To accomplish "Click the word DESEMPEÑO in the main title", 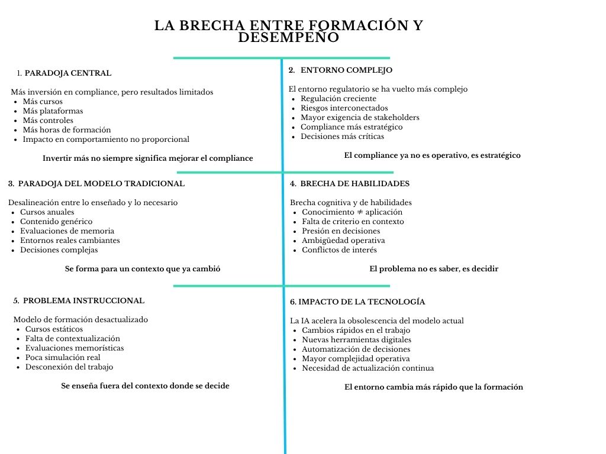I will [289, 37].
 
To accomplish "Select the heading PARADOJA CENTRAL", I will [67, 73].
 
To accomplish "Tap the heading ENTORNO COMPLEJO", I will [346, 70].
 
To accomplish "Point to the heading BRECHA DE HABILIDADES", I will [354, 184].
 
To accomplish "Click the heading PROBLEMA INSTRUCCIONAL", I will [83, 300].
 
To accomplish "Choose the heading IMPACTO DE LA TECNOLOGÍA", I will [362, 302].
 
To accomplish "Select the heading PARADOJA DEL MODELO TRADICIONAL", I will [101, 184].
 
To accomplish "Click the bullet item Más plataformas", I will [53, 111].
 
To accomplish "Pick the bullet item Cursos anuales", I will [47, 212].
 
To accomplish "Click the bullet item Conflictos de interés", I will [339, 250].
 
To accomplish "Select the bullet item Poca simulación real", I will [63, 358].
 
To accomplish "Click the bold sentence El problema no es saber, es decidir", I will [433, 269].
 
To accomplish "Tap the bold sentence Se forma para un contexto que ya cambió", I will [142, 269].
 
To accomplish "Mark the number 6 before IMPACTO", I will [292, 302].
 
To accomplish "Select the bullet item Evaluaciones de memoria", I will [67, 231].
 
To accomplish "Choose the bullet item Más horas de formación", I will [66, 130].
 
